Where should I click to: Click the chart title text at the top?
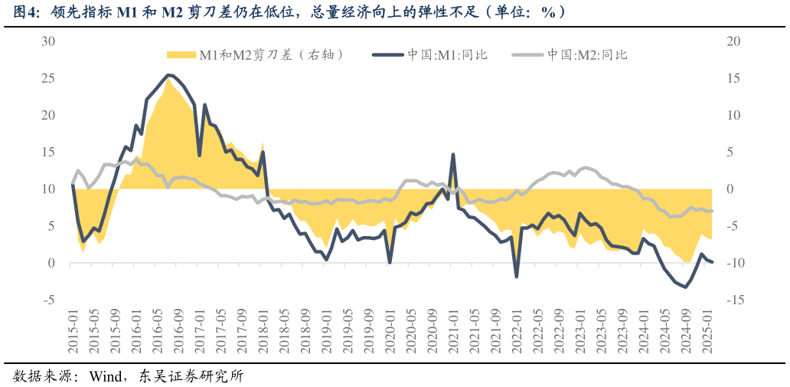click(x=291, y=11)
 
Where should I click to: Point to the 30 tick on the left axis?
click(x=47, y=41)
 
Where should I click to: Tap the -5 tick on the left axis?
click(x=50, y=300)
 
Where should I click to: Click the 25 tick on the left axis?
click(x=47, y=78)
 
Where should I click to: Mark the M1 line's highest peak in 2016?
click(x=168, y=75)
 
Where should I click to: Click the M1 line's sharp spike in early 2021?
click(x=453, y=154)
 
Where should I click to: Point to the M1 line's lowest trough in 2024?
click(x=684, y=287)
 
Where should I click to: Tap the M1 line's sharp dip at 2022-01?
click(x=517, y=277)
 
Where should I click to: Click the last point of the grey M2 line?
click(x=712, y=212)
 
